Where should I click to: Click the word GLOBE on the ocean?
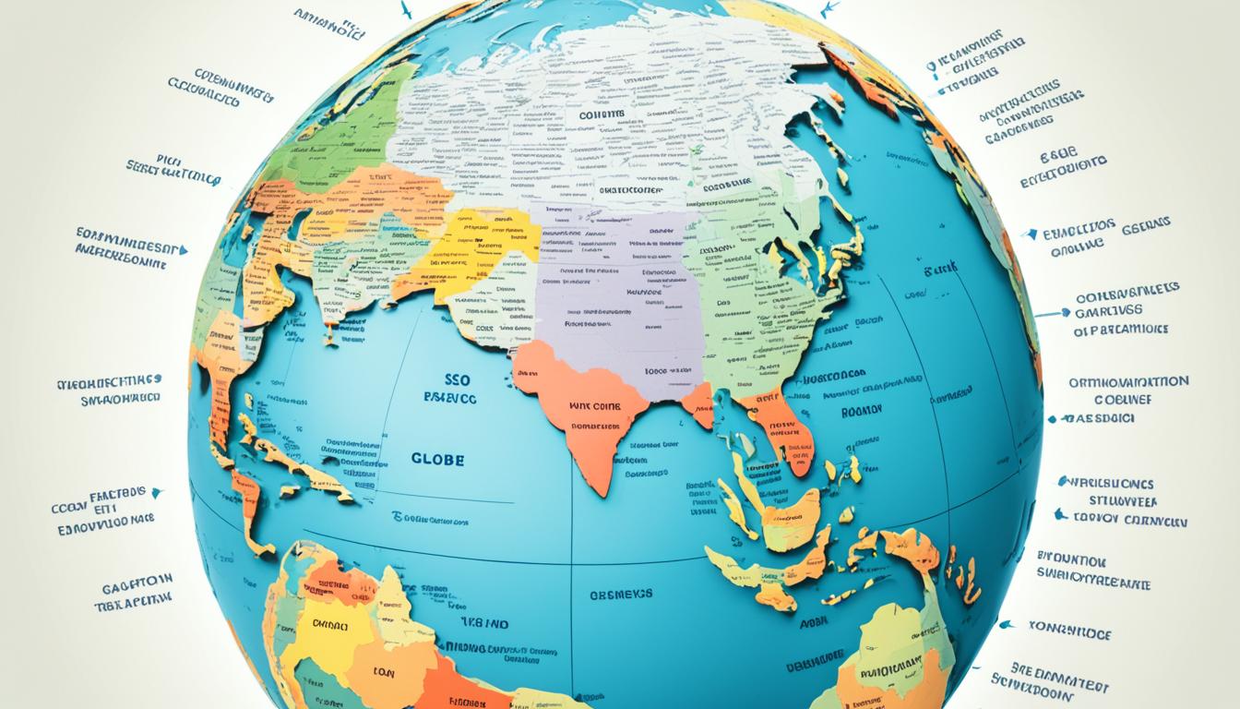(x=437, y=459)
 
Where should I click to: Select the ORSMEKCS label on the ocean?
(x=620, y=595)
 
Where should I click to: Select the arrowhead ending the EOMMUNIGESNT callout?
(x=184, y=249)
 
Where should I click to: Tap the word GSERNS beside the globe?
(x=1145, y=223)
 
